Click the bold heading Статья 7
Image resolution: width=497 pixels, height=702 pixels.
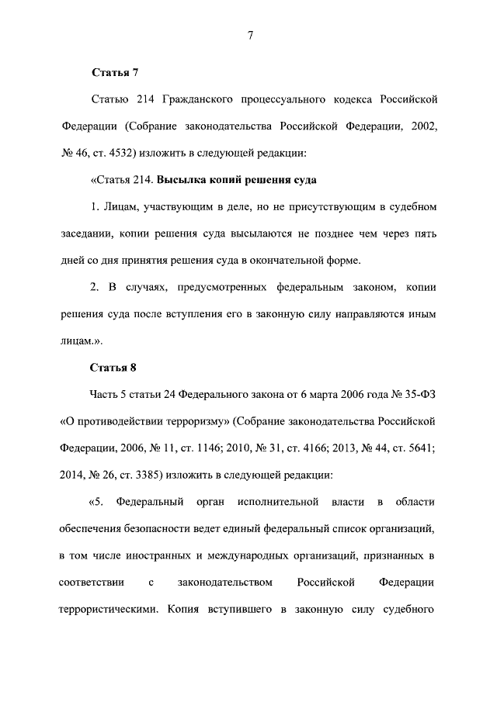tap(115, 74)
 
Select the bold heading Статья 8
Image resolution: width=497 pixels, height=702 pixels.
tap(115, 367)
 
